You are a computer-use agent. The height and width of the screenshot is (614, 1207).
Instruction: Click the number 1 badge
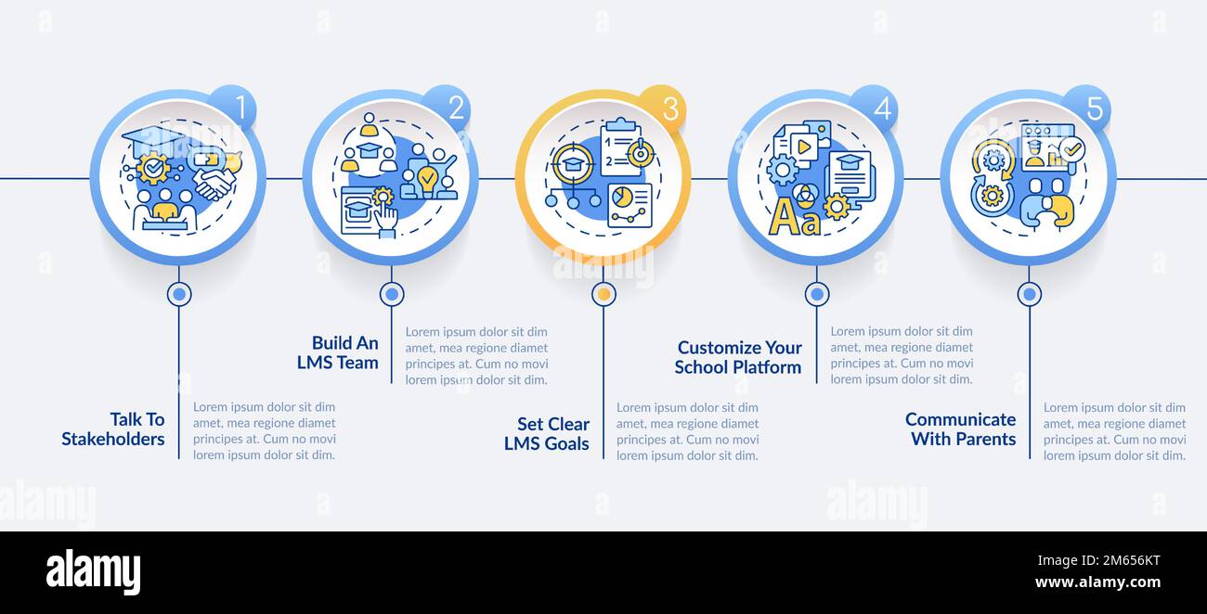pos(239,109)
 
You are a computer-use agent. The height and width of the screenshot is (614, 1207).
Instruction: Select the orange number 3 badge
pos(668,109)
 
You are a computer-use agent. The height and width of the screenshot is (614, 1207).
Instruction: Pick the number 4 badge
pos(880,109)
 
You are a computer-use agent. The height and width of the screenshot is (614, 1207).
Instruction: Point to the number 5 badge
pos(1093,109)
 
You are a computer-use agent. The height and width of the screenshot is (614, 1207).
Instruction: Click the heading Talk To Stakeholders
pos(113,429)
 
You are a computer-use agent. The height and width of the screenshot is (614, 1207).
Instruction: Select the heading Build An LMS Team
pos(338,353)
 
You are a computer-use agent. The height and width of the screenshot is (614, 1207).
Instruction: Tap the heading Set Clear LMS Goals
pos(547,434)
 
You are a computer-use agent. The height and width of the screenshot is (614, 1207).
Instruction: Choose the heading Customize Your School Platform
pos(738,357)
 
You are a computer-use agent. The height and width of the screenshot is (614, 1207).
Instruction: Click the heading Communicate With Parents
pos(961,429)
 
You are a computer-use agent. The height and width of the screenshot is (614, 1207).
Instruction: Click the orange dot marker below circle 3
pos(603,294)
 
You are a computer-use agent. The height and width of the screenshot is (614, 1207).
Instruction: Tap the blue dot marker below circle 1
pos(179,294)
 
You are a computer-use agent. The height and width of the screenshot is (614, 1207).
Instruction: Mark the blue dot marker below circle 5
pos(1029,294)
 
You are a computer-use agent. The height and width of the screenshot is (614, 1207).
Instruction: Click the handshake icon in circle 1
pos(214,183)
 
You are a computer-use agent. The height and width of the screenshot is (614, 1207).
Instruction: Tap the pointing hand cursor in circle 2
pos(384,219)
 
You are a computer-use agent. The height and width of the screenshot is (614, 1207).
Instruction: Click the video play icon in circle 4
pos(803,147)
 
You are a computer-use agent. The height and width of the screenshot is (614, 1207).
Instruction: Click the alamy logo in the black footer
pos(93,571)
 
